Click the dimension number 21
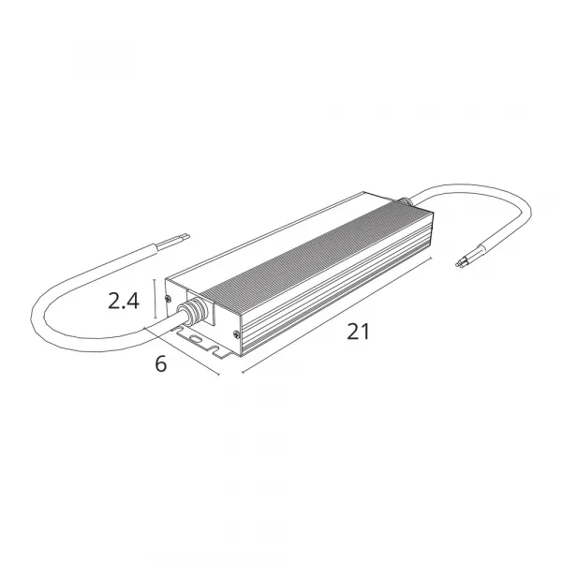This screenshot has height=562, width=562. click(x=358, y=332)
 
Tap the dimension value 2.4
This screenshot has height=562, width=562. click(x=124, y=301)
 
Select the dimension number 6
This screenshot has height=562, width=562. click(x=161, y=363)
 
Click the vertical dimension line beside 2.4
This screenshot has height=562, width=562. click(x=155, y=298)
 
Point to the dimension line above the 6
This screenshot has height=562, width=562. click(x=182, y=351)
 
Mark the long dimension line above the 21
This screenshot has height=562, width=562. click(x=337, y=315)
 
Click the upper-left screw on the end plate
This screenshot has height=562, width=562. click(x=168, y=298)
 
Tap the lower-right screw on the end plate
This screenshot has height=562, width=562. click(x=236, y=334)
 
